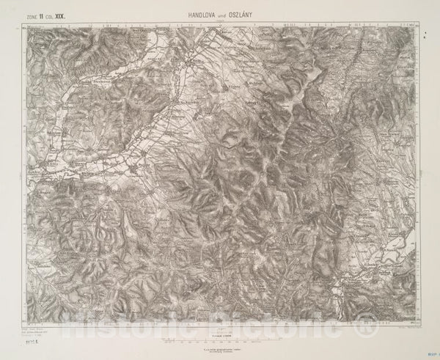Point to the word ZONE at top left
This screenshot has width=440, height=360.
tap(32, 14)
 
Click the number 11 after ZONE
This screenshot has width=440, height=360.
tap(45, 14)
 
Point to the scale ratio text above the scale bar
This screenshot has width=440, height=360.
tap(220, 314)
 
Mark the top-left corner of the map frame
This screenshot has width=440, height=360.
tap(23, 24)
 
